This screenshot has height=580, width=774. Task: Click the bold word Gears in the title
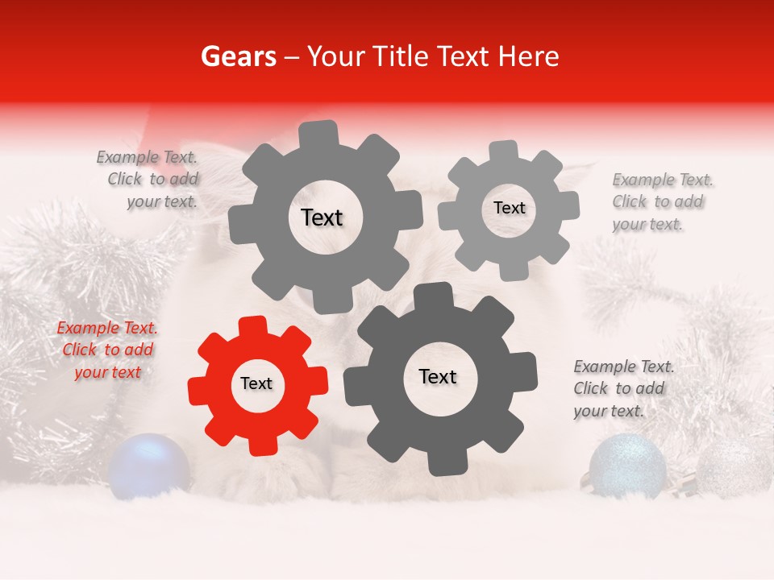[x=237, y=56]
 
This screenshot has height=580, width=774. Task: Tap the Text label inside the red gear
[x=256, y=384]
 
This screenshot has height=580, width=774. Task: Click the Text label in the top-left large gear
[x=322, y=217]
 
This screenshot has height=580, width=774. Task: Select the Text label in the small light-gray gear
[x=509, y=208]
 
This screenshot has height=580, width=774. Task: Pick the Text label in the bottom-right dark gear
[x=438, y=376]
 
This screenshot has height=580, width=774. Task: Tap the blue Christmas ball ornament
[x=149, y=465]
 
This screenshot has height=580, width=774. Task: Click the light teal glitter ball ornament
[x=627, y=465]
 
